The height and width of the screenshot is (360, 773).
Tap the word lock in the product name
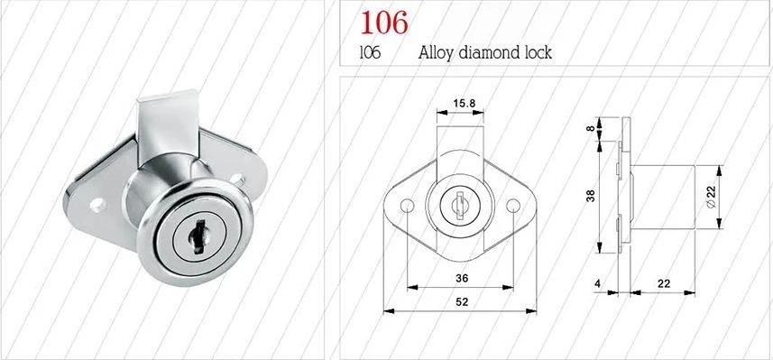coord(534,52)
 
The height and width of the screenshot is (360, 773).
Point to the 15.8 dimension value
coord(465,104)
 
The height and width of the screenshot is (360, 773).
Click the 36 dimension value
coord(460,278)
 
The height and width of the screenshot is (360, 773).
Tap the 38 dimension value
coord(590,195)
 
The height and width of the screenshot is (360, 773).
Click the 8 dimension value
coord(590,129)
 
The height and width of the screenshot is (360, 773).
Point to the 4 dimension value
coord(597,283)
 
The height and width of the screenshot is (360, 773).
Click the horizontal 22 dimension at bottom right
coord(663,283)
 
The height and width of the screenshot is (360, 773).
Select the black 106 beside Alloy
coord(369,52)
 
